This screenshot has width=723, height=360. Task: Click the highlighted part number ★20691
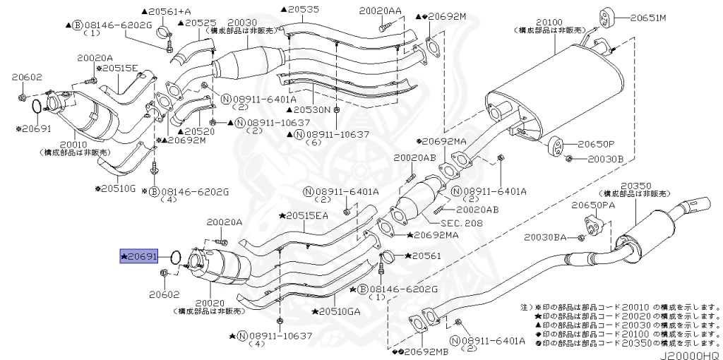point(141,258)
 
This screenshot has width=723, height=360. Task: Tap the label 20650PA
point(594,205)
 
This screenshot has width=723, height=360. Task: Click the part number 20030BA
point(545,239)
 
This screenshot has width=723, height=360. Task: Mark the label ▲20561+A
point(166,12)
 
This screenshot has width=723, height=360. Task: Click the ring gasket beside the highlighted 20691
point(177,258)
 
